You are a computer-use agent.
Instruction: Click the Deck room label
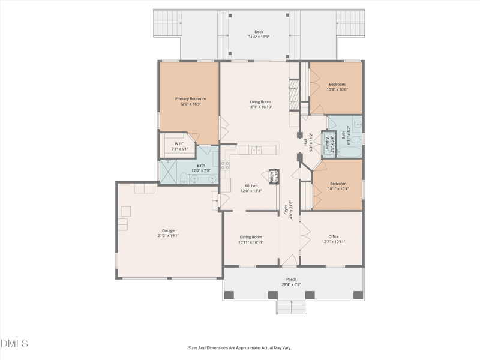(259, 32)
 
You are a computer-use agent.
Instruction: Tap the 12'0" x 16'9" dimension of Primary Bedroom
(190, 104)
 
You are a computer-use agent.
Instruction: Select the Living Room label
(260, 102)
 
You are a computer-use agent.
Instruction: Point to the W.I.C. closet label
(179, 144)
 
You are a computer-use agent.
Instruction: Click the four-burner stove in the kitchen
(226, 166)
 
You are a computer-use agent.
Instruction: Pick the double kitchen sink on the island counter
(256, 150)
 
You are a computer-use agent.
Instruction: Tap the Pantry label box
(272, 176)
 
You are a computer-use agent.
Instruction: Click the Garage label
(168, 230)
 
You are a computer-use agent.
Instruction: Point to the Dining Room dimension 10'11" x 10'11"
(251, 242)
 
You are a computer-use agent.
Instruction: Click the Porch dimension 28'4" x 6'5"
(291, 284)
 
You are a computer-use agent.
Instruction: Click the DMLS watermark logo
(14, 344)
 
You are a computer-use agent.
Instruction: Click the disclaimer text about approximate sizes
(240, 347)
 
